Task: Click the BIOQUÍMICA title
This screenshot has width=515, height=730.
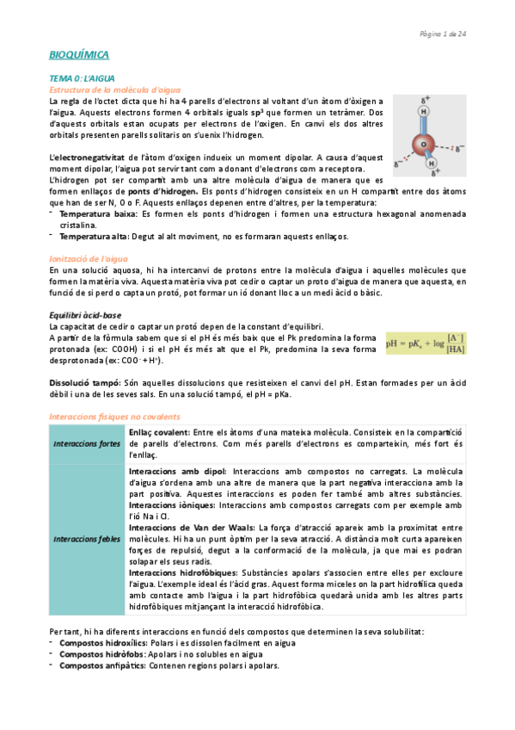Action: click(79, 55)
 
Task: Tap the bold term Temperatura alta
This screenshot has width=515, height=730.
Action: click(93, 236)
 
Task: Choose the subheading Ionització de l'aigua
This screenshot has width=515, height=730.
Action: click(91, 258)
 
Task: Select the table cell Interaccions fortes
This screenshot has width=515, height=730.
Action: click(87, 443)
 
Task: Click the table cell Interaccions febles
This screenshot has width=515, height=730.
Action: click(87, 539)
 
